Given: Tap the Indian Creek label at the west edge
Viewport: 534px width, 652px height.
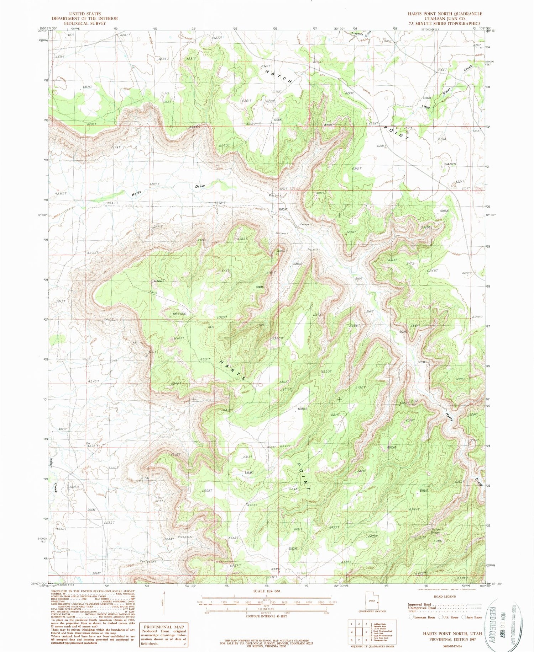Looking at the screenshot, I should [x=53, y=472].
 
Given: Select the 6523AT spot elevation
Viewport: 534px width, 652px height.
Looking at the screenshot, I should [x=295, y=549].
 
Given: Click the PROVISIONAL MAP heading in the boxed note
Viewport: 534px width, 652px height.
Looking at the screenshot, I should [x=164, y=627].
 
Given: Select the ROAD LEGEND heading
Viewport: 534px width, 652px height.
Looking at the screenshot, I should [x=445, y=597].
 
